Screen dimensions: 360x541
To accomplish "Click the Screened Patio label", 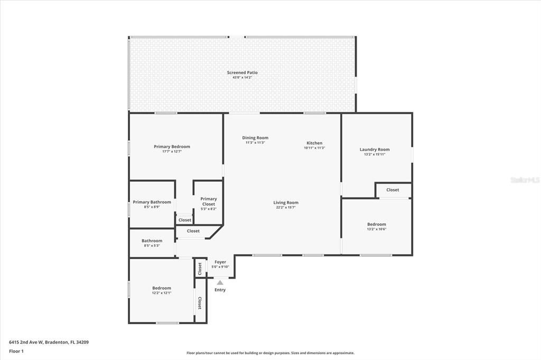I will coord(242,72).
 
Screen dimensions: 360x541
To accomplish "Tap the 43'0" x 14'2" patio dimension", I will coord(242,78).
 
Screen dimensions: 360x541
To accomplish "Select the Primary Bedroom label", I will coord(172,146).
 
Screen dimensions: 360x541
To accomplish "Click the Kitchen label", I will coord(314,143).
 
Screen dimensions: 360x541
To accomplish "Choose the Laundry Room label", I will coord(375,149).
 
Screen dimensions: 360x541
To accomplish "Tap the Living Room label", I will coord(286,203).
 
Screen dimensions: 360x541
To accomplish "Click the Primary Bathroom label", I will coord(152,202).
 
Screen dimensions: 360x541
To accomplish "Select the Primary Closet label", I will coord(208,202).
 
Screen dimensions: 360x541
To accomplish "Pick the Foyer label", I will coord(220,262).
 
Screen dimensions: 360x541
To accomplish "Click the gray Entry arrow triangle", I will coord(220,282).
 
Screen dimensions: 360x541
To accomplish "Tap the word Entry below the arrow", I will coord(220,290).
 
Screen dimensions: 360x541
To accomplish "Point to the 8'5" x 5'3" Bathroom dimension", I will coord(152,245).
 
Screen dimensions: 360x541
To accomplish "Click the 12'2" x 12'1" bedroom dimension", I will coord(162,293).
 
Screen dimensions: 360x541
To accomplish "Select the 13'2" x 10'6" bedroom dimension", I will coord(377,229).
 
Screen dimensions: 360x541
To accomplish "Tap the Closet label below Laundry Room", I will coord(393,190).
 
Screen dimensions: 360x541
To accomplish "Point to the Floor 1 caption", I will coord(16,351).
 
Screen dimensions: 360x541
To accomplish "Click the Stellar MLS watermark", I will coord(525,180).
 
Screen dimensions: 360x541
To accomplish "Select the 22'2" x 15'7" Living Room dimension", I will coord(286,207).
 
